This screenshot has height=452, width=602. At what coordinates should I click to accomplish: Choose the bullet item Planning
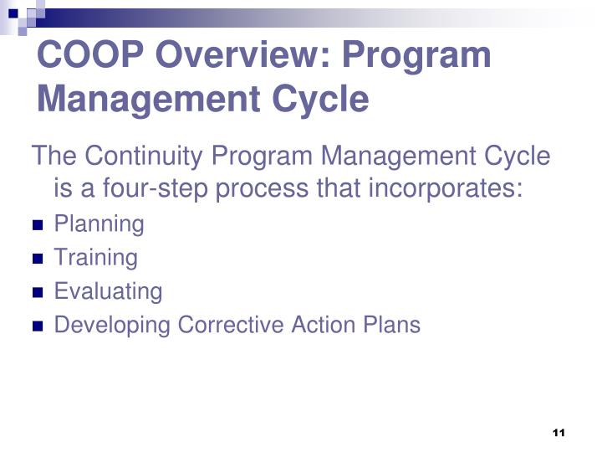click(x=99, y=224)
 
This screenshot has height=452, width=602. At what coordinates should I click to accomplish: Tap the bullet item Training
click(x=95, y=258)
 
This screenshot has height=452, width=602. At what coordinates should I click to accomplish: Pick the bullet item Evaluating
click(x=108, y=291)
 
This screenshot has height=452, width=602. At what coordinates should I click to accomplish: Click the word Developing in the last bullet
click(x=113, y=325)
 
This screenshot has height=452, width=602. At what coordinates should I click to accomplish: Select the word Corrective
click(x=232, y=325)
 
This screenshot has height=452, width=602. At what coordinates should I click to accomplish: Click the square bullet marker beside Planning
click(x=38, y=226)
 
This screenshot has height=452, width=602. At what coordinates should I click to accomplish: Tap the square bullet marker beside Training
click(x=38, y=259)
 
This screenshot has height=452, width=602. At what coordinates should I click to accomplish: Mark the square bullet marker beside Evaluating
click(x=38, y=293)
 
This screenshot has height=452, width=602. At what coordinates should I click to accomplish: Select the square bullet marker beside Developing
click(x=38, y=326)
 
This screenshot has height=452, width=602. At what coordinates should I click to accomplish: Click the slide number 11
click(x=559, y=433)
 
